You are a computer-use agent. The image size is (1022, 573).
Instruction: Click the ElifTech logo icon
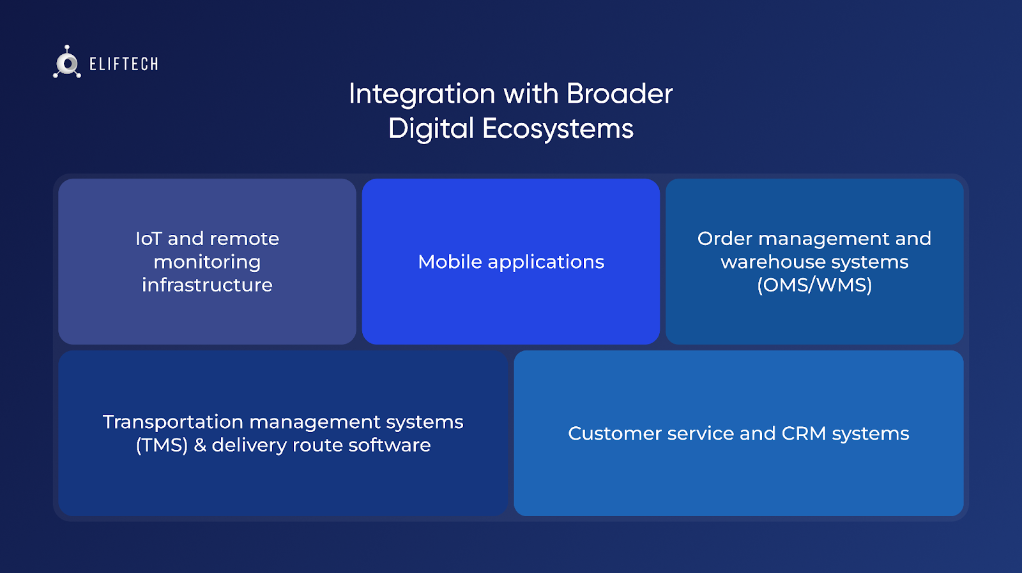pyautogui.click(x=67, y=63)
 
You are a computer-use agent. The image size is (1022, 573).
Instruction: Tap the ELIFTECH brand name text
pyautogui.click(x=124, y=64)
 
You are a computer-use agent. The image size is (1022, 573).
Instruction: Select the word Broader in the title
pyautogui.click(x=619, y=94)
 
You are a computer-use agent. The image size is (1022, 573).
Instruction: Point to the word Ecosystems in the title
pyautogui.click(x=558, y=128)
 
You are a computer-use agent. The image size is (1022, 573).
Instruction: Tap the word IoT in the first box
pyautogui.click(x=148, y=239)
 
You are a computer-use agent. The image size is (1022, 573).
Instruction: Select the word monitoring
pyautogui.click(x=207, y=262)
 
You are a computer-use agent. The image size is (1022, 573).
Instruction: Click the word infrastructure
pyautogui.click(x=207, y=285)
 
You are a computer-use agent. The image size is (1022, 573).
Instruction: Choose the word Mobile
pyautogui.click(x=450, y=262)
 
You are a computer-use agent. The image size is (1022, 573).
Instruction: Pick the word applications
pyautogui.click(x=545, y=262)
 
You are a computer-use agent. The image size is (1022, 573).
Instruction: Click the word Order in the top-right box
pyautogui.click(x=725, y=239)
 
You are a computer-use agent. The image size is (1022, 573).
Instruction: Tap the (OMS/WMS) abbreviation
pyautogui.click(x=814, y=285)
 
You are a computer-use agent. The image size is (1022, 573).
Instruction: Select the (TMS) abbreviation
pyautogui.click(x=162, y=445)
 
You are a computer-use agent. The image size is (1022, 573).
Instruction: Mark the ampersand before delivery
pyautogui.click(x=200, y=445)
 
